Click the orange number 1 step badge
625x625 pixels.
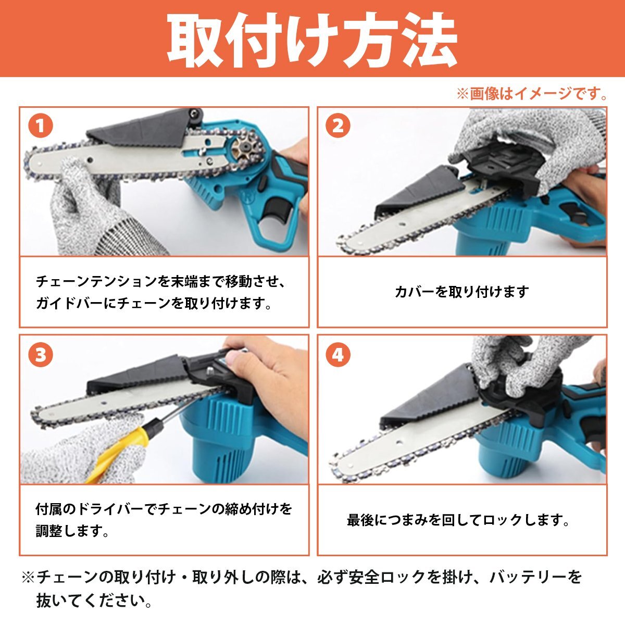coord(41,126)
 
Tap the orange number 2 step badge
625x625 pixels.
coord(338,126)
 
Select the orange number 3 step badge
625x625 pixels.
coord(41,355)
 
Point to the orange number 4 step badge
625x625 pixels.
coord(338,355)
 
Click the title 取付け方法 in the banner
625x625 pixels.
coord(312,40)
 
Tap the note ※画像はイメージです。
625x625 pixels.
coord(532,94)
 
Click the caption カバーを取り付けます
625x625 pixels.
coord(462,292)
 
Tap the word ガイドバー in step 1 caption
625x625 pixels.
coord(69,303)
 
